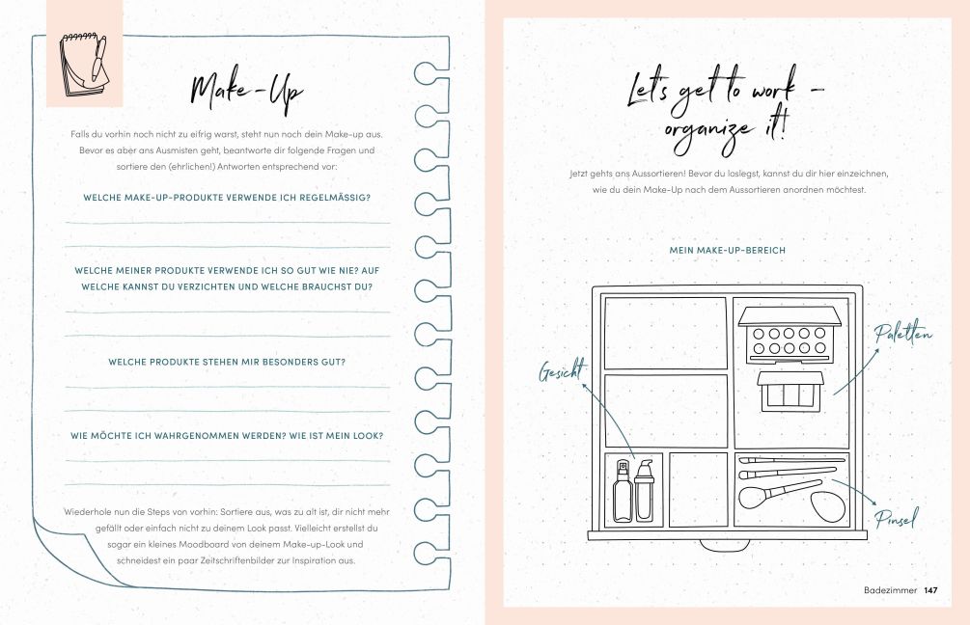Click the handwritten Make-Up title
[x=246, y=93]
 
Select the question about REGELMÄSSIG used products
[x=227, y=198]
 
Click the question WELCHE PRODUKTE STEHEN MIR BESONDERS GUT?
[x=227, y=363]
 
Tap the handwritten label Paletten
[x=903, y=334]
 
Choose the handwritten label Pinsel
[x=897, y=518]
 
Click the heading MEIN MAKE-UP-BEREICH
[x=728, y=251]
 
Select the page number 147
[x=930, y=590]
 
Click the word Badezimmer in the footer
[x=890, y=590]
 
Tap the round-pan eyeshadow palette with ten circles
[x=790, y=335]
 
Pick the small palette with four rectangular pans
[x=790, y=391]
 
